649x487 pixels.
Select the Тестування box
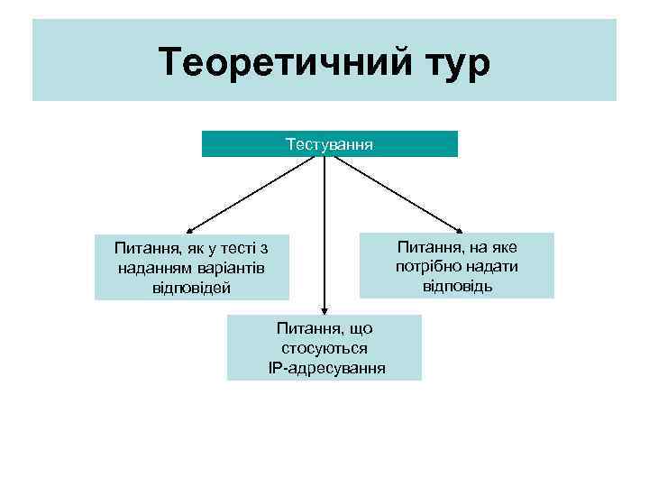click(329, 144)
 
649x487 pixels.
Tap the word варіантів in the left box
click(230, 268)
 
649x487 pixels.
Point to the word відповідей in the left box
click(192, 288)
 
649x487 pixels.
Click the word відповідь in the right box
click(457, 286)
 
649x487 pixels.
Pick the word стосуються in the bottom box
click(324, 348)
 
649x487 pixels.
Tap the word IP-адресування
click(326, 368)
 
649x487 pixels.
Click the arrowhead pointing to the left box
click(189, 230)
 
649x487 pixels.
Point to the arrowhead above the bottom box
click(324, 308)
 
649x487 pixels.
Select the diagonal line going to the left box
click(257, 192)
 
